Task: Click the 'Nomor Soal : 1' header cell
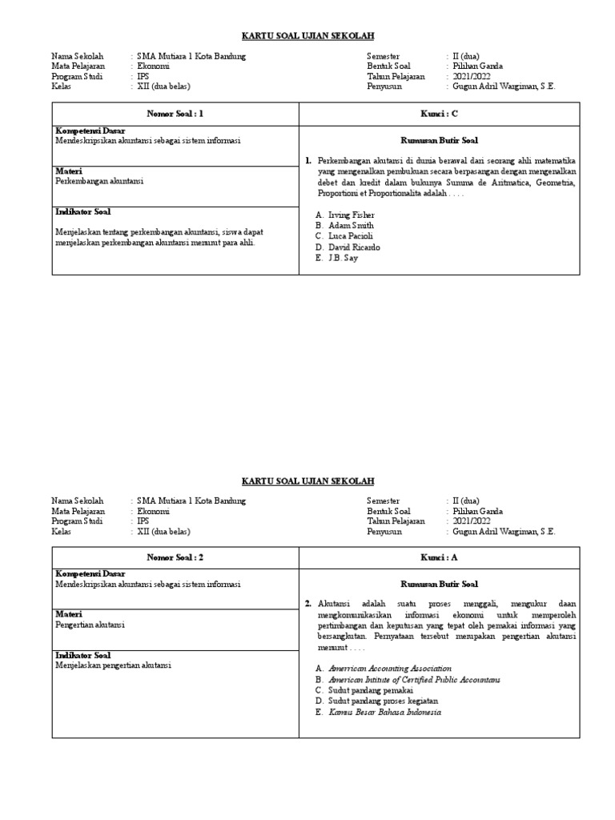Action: pyautogui.click(x=175, y=114)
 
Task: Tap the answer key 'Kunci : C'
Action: pyautogui.click(x=439, y=114)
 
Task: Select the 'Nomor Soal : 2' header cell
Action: pyautogui.click(x=175, y=557)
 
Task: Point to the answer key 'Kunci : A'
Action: pyautogui.click(x=439, y=557)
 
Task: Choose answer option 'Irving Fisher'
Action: pyautogui.click(x=351, y=215)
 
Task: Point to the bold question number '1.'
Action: pyautogui.click(x=308, y=160)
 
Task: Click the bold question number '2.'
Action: pyautogui.click(x=308, y=603)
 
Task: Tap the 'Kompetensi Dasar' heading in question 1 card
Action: pyautogui.click(x=90, y=131)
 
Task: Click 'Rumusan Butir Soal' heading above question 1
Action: pyautogui.click(x=439, y=140)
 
